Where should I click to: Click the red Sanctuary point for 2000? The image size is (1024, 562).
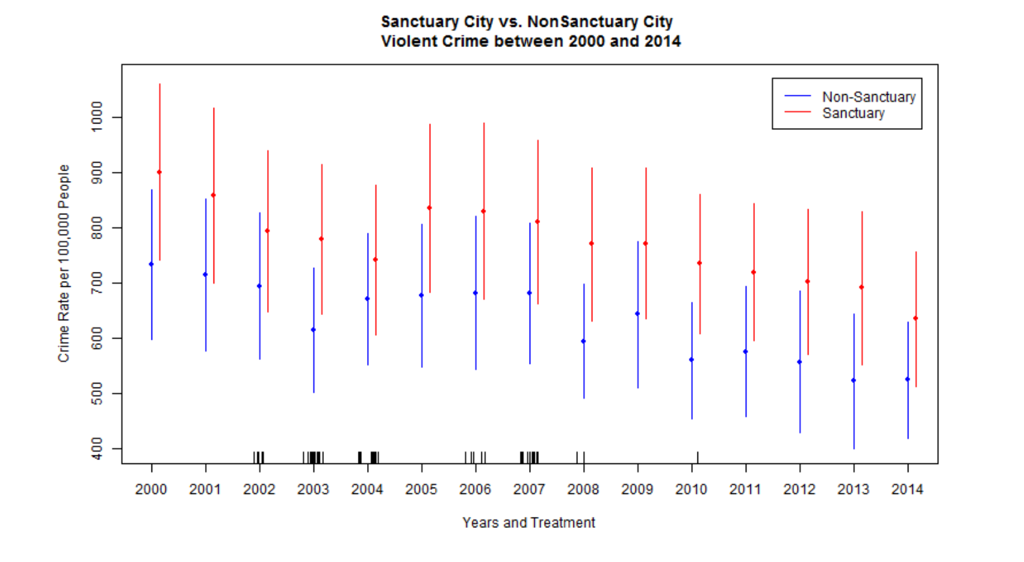[x=159, y=173]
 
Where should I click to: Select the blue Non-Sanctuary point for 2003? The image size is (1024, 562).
[x=313, y=330]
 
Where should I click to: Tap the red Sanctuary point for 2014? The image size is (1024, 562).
[x=916, y=318]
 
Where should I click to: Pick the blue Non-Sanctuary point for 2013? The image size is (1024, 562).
[x=854, y=380]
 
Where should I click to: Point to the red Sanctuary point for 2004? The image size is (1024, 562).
[x=376, y=259]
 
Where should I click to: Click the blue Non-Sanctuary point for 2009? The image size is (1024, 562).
[x=637, y=314]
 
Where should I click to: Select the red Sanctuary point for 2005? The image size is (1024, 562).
[x=430, y=208]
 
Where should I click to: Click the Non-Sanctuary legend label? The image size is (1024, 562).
[x=868, y=97]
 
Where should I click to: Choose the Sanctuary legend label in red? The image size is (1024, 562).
[x=853, y=113]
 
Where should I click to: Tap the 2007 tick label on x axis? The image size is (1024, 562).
[x=529, y=489]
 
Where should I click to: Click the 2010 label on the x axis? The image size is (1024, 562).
[x=691, y=489]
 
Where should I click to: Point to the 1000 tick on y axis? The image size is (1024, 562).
[x=97, y=117]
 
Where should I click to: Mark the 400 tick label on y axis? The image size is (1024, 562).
[x=97, y=448]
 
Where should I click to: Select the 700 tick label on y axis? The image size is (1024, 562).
[x=97, y=283]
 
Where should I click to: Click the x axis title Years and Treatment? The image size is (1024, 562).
[x=528, y=523]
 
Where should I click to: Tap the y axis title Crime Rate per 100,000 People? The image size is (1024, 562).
[x=63, y=263]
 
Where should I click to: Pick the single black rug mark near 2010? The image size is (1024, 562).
[x=697, y=457]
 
